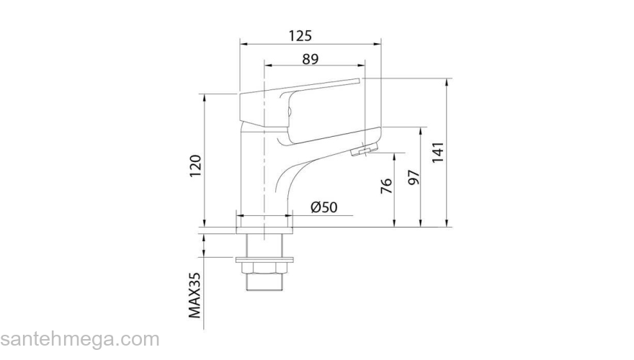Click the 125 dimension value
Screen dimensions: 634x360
click(x=300, y=36)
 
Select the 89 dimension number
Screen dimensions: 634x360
click(x=311, y=59)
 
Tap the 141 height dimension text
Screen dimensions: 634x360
click(x=438, y=153)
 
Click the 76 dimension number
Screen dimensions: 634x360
click(x=387, y=186)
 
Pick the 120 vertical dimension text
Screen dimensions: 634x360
click(x=195, y=166)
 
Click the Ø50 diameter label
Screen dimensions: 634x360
click(x=324, y=207)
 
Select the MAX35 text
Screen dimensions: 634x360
click(x=195, y=295)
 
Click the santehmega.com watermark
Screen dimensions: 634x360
click(x=80, y=340)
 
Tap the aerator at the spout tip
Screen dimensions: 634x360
click(x=364, y=150)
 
